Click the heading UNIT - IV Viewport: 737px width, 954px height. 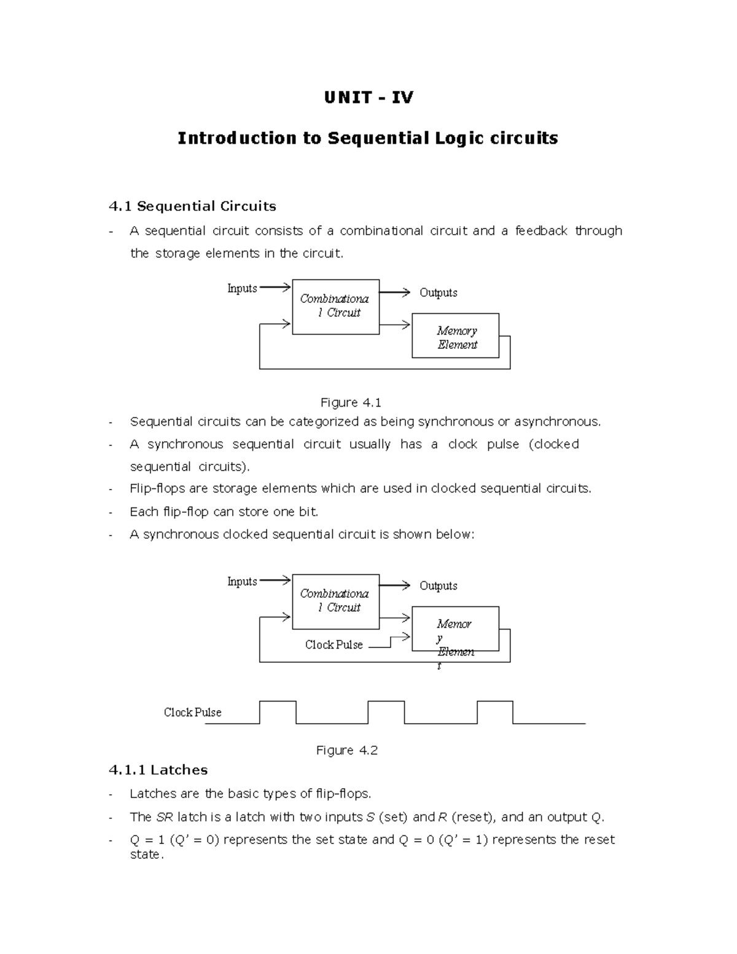368,98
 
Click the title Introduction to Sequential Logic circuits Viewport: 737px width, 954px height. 367,138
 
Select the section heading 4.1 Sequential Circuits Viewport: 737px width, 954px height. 192,206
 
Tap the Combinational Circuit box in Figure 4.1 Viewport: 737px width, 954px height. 335,307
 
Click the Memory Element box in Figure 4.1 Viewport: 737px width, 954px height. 455,336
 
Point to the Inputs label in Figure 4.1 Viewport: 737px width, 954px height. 242,289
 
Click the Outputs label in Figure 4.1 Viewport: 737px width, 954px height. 438,293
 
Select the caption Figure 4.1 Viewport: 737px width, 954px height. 351,403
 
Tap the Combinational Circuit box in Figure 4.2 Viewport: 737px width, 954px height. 335,601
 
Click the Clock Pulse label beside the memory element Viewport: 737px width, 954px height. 333,645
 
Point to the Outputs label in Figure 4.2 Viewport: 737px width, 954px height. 438,586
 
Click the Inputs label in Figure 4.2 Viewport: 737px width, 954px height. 242,582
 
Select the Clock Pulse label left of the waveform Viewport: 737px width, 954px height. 192,713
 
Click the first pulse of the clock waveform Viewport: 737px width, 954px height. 278,711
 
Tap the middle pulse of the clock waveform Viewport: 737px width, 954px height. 386,711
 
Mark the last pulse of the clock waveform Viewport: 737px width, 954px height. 495,711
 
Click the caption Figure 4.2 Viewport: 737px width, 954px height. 346,751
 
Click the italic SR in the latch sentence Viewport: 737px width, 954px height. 165,818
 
